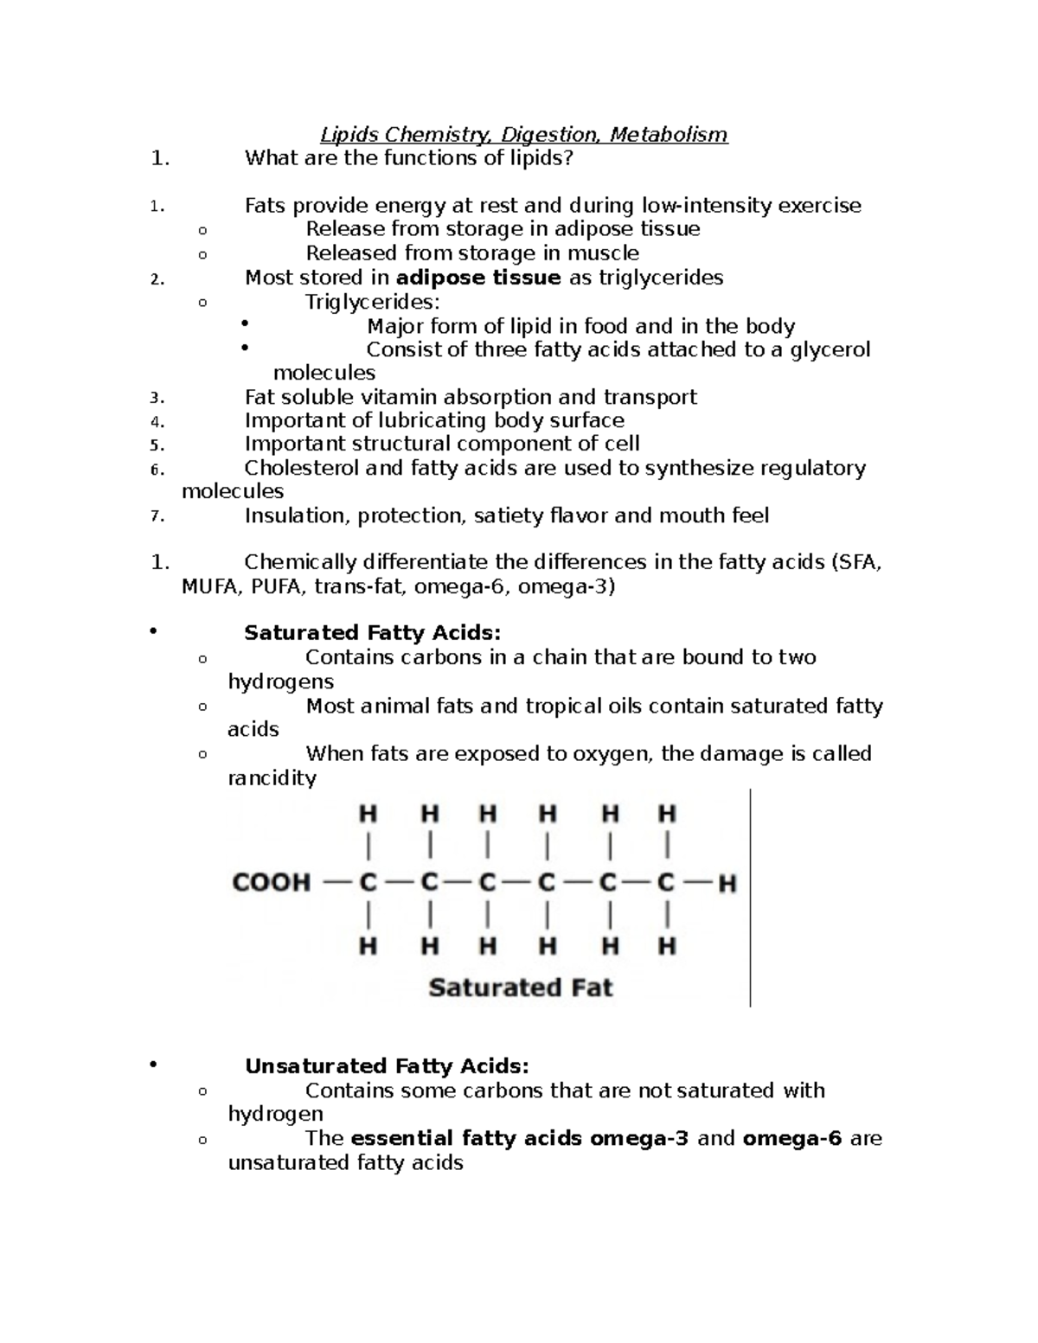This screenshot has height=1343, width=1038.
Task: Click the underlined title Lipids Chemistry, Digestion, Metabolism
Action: coord(523,135)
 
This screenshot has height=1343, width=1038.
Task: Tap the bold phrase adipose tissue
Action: coord(477,278)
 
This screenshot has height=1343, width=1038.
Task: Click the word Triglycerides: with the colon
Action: coord(372,302)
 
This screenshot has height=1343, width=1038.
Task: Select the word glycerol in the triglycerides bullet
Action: coord(830,349)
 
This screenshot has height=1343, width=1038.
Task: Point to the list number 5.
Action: coord(156,445)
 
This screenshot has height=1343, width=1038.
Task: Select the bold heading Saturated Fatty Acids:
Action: coord(372,633)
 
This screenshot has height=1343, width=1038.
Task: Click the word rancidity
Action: coord(272,778)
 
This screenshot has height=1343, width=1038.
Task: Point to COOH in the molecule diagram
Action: coord(271,883)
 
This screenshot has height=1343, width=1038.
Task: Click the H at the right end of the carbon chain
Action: coord(727,884)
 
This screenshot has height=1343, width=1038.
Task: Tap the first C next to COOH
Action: coord(368,883)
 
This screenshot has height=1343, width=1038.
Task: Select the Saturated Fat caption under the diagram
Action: coord(520,988)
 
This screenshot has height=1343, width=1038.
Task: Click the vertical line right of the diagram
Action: coord(750,899)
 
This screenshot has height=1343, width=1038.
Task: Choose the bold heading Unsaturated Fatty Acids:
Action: coord(386,1066)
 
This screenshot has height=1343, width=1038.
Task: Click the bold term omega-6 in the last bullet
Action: coord(791,1138)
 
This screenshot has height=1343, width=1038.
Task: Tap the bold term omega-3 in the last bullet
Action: coord(639,1138)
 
